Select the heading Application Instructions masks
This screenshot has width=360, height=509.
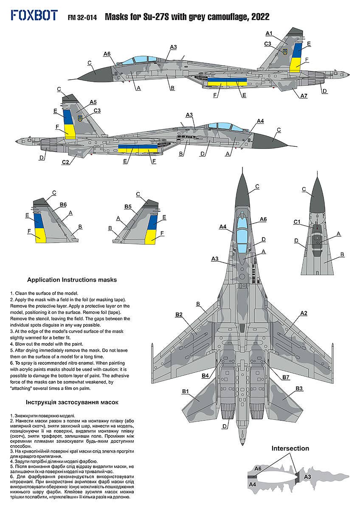tap(72, 280)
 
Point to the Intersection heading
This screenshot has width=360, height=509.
tap(290, 448)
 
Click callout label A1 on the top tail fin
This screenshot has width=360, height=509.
tap(269, 33)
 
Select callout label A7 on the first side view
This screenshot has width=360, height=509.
tap(304, 96)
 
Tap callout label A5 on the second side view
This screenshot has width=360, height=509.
tap(93, 102)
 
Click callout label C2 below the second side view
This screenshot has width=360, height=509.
tap(65, 162)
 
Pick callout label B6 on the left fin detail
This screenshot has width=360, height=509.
tap(63, 204)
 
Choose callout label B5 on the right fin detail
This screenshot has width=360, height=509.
tap(129, 207)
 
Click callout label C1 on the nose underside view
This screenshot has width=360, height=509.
tap(297, 222)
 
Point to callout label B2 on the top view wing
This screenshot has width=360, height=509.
tap(179, 315)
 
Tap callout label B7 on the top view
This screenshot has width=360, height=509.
tap(286, 377)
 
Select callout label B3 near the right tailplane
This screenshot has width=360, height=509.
tap(299, 388)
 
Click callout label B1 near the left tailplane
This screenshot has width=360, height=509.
tap(185, 391)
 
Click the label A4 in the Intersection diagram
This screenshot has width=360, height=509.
tap(252, 484)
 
